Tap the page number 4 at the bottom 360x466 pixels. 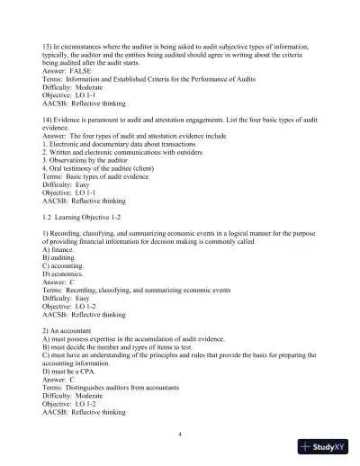coord(180,434)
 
